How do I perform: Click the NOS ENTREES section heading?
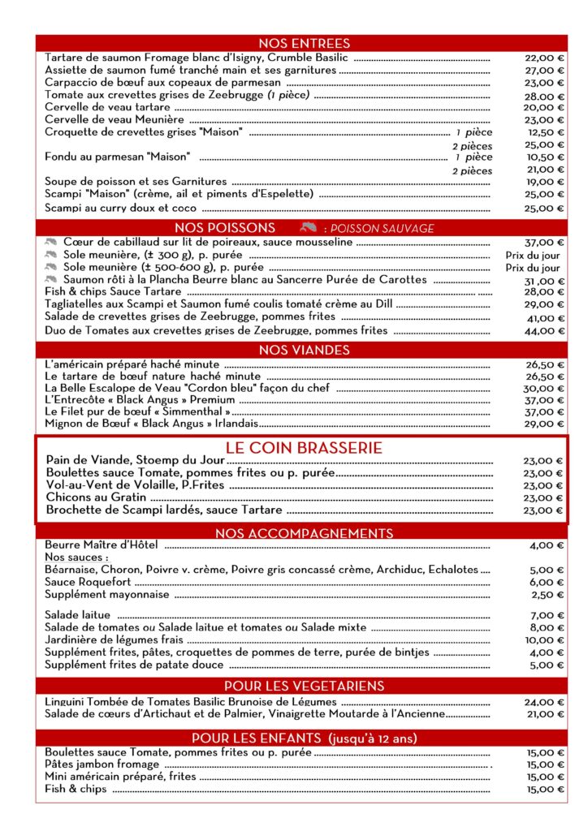305,43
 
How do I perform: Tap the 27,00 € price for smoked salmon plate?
544,71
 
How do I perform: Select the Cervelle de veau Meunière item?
115,119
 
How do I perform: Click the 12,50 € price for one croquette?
545,132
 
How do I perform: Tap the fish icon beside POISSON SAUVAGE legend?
307,228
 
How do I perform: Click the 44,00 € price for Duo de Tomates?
544,331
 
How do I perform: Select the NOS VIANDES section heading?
305,350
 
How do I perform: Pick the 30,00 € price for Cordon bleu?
544,388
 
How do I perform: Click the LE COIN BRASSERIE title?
305,448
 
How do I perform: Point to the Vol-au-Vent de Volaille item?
135,485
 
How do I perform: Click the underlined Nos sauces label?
76,558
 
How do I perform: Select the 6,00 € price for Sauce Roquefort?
547,582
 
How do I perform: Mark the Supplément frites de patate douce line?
134,665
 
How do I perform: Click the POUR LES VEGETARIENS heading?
305,686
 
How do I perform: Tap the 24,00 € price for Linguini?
544,702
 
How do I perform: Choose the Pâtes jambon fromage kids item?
102,764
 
